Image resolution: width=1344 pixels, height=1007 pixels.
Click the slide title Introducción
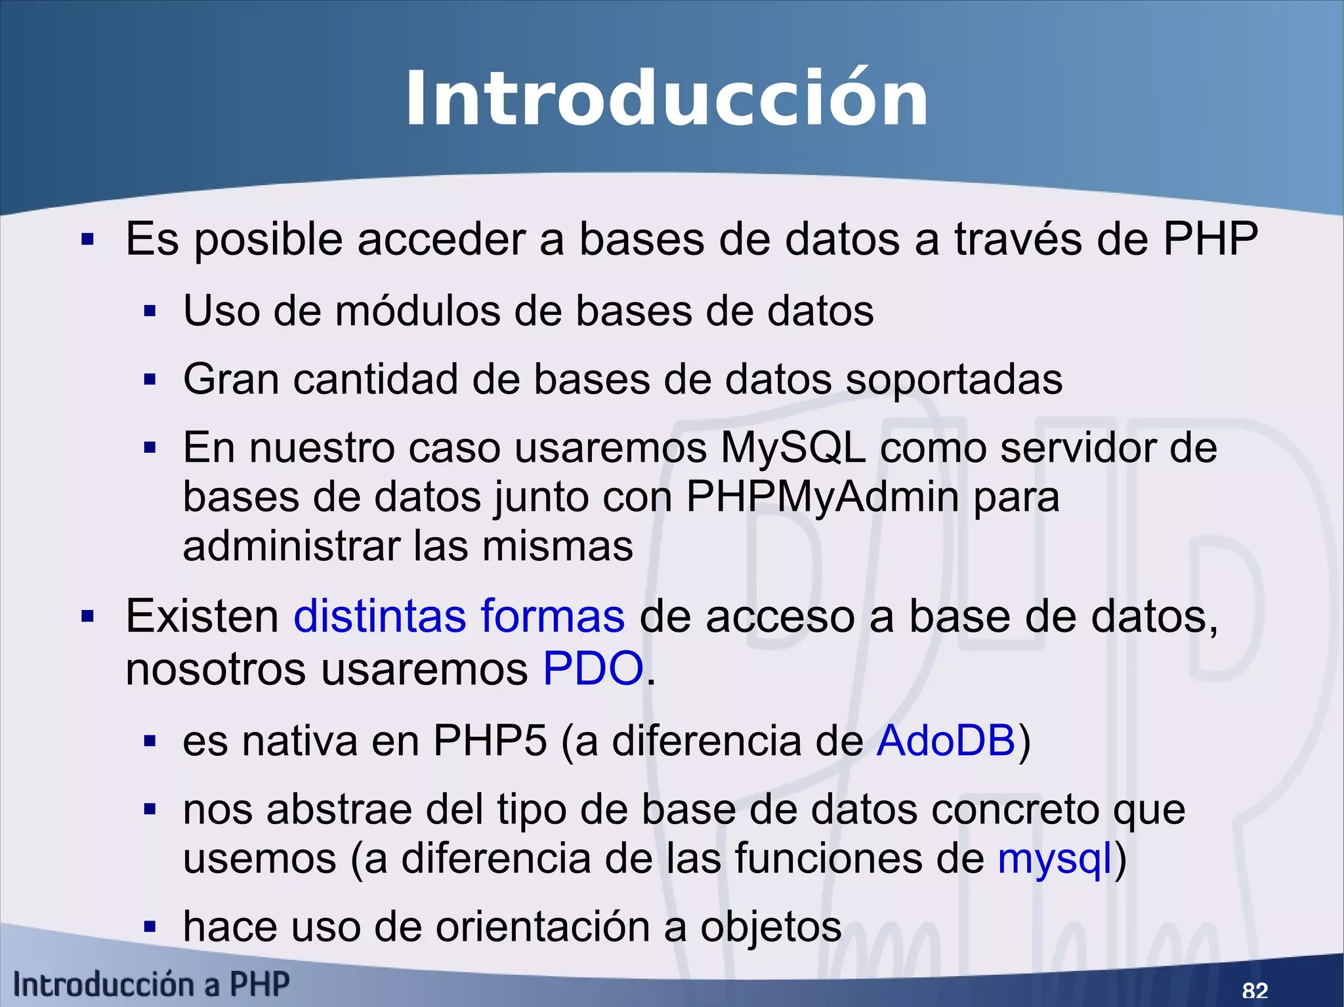point(666,100)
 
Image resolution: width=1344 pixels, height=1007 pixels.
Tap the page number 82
point(1255,990)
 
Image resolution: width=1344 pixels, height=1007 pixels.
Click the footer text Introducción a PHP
point(152,985)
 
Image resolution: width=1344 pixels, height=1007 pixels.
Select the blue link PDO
point(593,668)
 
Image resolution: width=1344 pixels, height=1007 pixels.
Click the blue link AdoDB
point(946,741)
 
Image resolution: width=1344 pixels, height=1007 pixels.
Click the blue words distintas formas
point(459,616)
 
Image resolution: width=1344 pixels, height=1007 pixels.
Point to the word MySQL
point(793,448)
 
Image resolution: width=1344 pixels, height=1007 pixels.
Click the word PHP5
point(490,741)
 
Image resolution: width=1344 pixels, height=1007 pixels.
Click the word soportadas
point(954,380)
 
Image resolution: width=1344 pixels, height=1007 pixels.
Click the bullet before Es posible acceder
point(88,240)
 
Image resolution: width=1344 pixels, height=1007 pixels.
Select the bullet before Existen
point(88,617)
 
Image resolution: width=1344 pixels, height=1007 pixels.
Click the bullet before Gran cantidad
point(150,380)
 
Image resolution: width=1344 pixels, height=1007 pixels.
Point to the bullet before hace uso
point(150,928)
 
